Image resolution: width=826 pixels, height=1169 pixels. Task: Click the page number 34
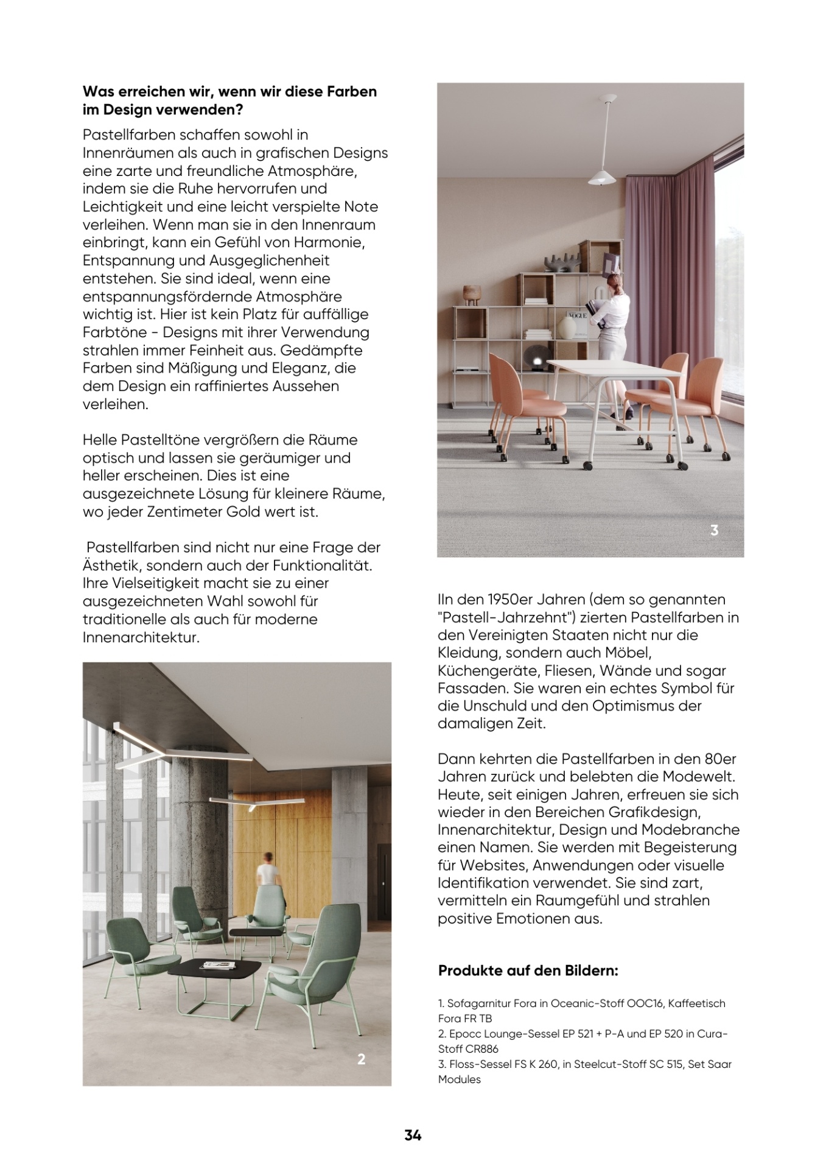(x=413, y=1135)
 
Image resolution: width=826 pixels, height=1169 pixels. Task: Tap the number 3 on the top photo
(x=714, y=530)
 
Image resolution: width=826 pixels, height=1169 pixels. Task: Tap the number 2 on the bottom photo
(x=361, y=1059)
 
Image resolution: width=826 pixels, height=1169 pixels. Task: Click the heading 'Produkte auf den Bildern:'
(x=528, y=971)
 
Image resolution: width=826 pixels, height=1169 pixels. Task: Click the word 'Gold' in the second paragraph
(x=243, y=511)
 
